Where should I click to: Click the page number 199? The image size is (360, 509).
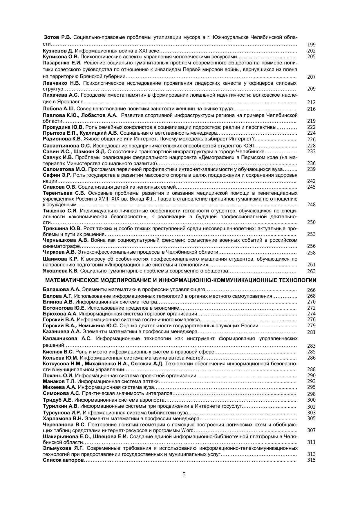[311, 45]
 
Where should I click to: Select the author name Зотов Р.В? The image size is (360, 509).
[57, 37]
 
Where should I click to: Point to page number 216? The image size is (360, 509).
[311, 109]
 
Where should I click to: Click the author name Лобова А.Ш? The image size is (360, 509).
[59, 109]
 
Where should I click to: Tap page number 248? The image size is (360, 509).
[311, 205]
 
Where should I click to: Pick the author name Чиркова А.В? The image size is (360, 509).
[59, 252]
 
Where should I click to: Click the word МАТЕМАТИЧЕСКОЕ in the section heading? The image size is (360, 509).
[72, 280]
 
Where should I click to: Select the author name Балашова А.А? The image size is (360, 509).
[61, 290]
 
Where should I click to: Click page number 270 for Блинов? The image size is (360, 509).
[311, 302]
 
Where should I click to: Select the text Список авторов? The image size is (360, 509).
[63, 460]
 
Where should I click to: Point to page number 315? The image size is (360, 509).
[311, 460]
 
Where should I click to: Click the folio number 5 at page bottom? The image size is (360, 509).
[184, 475]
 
